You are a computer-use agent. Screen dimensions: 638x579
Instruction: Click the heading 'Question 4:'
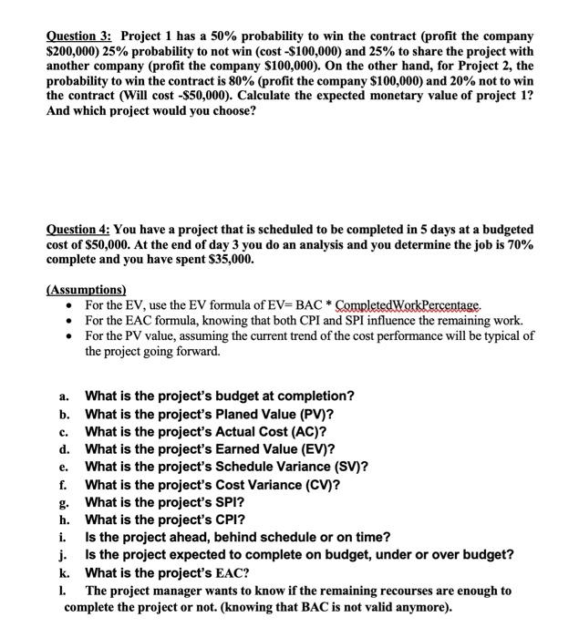(x=79, y=230)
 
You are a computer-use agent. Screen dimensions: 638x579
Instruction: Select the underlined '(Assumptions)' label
(x=88, y=291)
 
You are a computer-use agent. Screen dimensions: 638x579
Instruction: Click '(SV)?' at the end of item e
(x=347, y=467)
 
